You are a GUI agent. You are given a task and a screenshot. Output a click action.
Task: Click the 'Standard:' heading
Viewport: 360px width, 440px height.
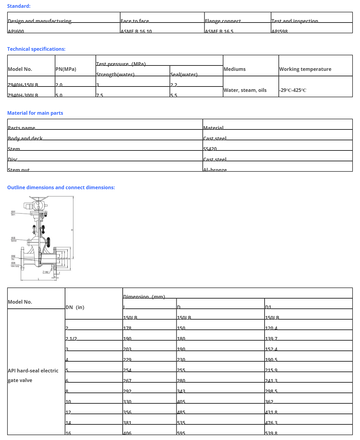click(x=19, y=6)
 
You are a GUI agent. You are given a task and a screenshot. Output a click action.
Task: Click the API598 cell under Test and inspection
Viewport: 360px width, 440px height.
click(x=279, y=31)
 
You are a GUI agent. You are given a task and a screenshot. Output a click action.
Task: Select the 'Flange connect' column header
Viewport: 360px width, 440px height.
click(x=223, y=21)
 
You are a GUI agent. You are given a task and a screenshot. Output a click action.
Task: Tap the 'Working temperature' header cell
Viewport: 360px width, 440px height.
click(x=305, y=69)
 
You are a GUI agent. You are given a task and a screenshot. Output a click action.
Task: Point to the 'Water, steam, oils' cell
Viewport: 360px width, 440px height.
click(x=245, y=90)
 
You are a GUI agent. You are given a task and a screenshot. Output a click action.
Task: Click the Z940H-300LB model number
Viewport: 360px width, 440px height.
click(x=23, y=95)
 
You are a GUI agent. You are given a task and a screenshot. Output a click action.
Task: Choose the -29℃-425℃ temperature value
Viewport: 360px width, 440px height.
click(x=292, y=90)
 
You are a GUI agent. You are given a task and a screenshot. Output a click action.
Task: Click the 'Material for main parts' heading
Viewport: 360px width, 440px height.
click(x=35, y=113)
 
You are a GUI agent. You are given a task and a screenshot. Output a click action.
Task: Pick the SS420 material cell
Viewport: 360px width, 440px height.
click(x=210, y=149)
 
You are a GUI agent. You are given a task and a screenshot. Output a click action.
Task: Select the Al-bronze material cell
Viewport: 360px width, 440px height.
click(x=215, y=170)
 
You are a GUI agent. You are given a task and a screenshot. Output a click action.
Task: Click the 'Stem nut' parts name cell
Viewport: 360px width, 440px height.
click(x=19, y=170)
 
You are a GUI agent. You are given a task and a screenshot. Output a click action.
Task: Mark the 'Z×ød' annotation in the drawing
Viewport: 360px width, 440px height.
click(x=46, y=272)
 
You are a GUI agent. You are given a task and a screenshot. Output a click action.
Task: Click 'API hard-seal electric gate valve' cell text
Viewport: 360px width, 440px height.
click(x=33, y=375)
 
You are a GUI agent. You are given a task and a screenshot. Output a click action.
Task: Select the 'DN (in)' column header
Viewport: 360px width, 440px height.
click(x=75, y=307)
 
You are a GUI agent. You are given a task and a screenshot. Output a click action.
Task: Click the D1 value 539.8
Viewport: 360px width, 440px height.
click(x=271, y=433)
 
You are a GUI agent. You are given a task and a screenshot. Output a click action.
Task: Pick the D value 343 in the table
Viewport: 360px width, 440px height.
click(x=181, y=391)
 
